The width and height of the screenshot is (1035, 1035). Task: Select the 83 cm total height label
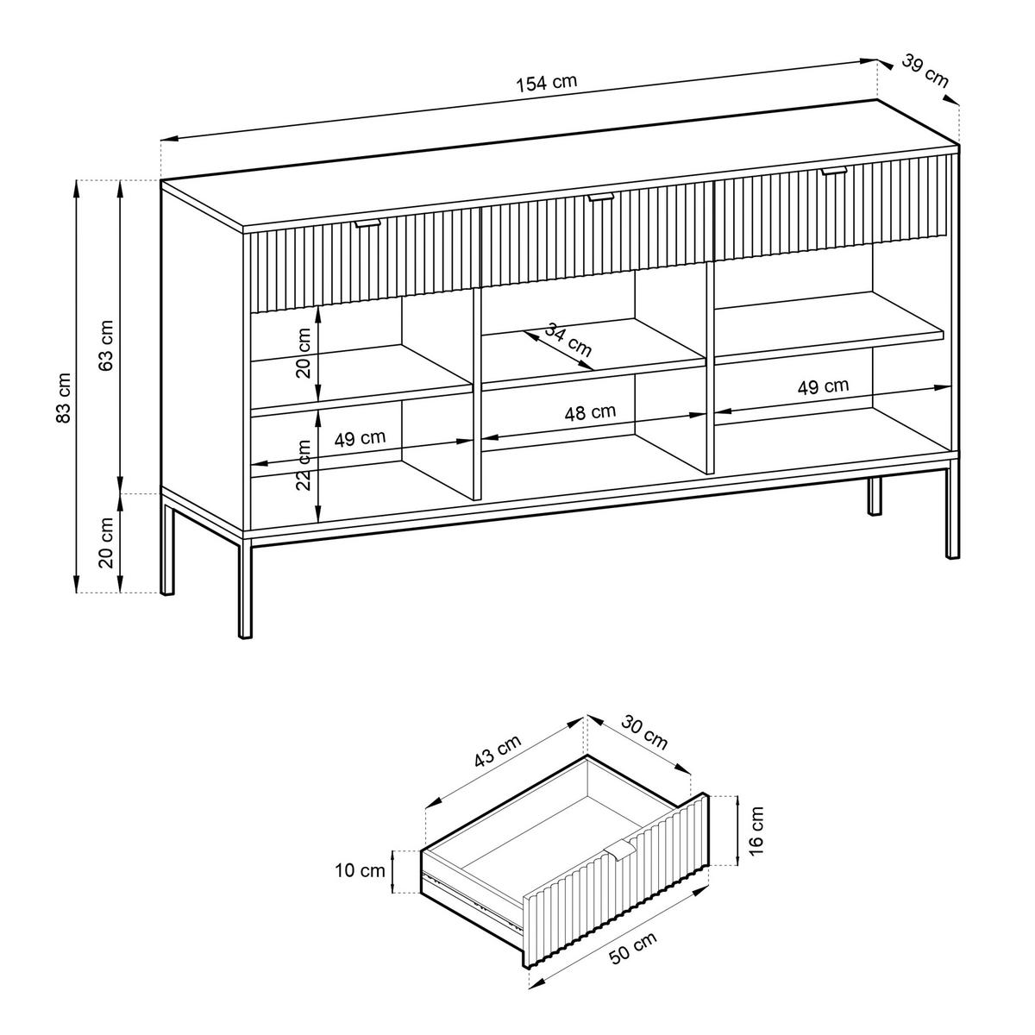click(x=63, y=398)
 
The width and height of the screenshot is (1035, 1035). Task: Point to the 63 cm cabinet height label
click(x=106, y=345)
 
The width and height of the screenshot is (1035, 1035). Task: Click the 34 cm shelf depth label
click(x=568, y=340)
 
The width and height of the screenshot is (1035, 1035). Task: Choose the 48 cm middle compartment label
click(x=590, y=412)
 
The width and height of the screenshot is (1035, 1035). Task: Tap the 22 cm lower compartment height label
click(x=304, y=465)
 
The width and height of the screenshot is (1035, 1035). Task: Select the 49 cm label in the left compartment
click(x=360, y=438)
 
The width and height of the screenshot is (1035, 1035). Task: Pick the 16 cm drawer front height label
click(x=756, y=838)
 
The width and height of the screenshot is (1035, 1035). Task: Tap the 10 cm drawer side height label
click(x=361, y=870)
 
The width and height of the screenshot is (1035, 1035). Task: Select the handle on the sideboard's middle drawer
click(x=600, y=198)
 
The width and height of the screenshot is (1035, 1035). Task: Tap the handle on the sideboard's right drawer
click(x=834, y=172)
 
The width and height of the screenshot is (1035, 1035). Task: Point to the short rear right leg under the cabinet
click(x=875, y=495)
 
